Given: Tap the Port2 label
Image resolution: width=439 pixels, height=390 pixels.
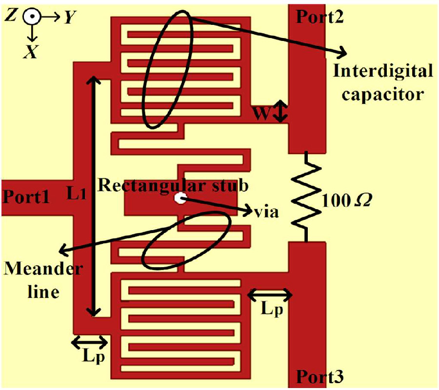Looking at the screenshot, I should [x=319, y=17].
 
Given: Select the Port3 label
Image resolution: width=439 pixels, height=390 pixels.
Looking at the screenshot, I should [x=319, y=376].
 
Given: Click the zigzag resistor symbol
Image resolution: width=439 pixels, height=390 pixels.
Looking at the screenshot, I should [x=306, y=197].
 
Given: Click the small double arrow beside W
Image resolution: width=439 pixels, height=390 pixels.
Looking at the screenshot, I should [x=280, y=112].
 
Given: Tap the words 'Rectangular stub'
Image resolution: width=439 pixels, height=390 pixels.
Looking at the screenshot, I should [x=173, y=185].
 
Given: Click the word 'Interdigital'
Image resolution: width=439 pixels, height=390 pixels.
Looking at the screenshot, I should [x=382, y=72].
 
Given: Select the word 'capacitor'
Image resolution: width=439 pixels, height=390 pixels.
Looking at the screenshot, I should [x=382, y=93].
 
